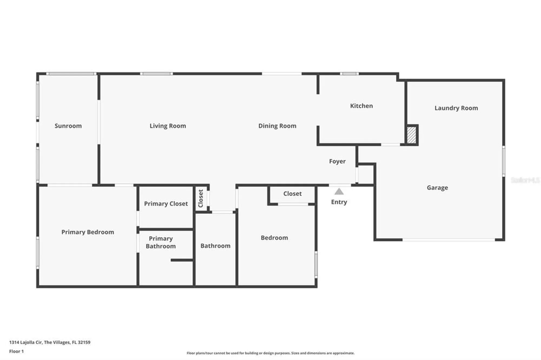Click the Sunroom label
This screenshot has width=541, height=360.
coord(68,126)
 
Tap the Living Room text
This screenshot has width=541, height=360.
coord(168,126)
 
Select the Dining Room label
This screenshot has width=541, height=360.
coord(277,126)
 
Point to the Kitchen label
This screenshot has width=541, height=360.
coord(361,106)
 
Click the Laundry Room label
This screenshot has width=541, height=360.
coord(456,108)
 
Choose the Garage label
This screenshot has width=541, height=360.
coord(437,187)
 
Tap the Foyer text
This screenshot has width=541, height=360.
coord(337,161)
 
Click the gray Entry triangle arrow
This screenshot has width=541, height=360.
coord(339,192)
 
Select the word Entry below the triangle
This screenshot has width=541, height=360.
coord(339,202)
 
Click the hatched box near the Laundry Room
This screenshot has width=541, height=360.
coord(411,135)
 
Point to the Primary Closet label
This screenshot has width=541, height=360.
coord(166,204)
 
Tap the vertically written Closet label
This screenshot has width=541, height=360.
coord(201,198)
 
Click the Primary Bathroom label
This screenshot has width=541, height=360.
coord(161,242)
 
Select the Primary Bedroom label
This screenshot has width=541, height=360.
coord(88,232)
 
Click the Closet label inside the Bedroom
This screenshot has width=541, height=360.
coord(292,194)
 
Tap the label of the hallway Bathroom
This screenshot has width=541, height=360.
coord(215,246)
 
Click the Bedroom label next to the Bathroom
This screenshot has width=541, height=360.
coord(274,238)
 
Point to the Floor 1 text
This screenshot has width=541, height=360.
coord(17,351)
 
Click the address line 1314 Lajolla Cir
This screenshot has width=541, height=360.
coord(50,342)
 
